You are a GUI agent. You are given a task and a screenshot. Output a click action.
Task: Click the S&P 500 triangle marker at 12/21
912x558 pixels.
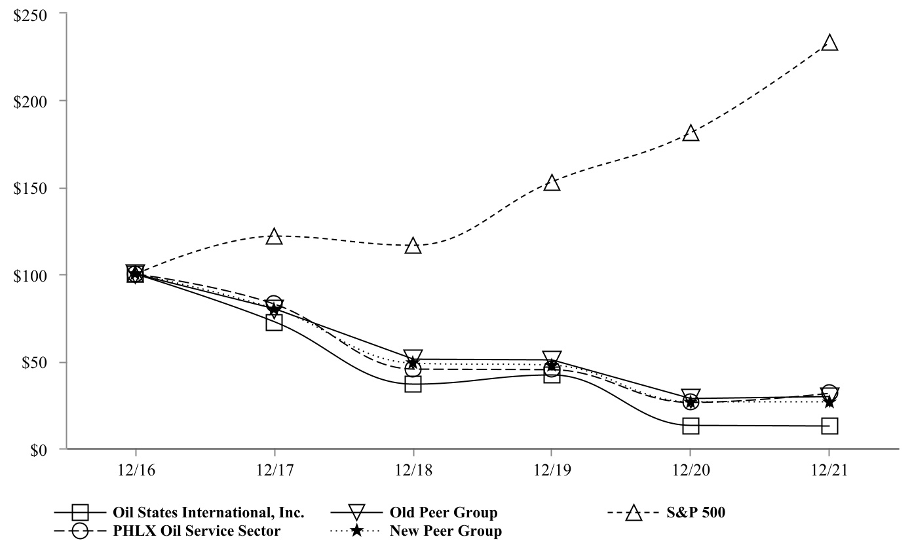coord(829,44)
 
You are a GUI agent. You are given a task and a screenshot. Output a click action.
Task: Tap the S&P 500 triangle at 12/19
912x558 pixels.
coord(552,183)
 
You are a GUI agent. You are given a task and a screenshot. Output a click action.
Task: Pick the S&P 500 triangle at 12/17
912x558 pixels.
coord(274,237)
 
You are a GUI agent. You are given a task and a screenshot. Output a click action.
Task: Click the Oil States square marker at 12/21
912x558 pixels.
coord(829,426)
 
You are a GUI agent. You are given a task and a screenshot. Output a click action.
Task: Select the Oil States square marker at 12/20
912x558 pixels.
coord(691,426)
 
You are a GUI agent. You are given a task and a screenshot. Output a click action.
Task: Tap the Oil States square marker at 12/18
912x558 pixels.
coord(413,384)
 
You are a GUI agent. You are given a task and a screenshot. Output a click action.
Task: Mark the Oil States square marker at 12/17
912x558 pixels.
coord(274,322)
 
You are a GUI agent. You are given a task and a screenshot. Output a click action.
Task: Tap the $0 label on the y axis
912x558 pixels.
coord(39,450)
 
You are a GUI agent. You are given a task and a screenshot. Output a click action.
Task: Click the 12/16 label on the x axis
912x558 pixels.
coord(136,471)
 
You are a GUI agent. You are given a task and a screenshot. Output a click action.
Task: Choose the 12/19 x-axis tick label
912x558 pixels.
coord(552,471)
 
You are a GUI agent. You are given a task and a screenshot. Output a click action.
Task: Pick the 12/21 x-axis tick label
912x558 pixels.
coord(829,471)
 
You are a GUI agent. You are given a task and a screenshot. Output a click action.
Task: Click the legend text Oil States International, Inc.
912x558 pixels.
coord(208,512)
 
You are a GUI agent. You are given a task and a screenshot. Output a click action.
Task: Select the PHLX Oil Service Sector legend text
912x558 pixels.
coord(197,530)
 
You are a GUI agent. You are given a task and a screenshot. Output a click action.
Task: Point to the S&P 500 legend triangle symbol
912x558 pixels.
coord(634,513)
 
